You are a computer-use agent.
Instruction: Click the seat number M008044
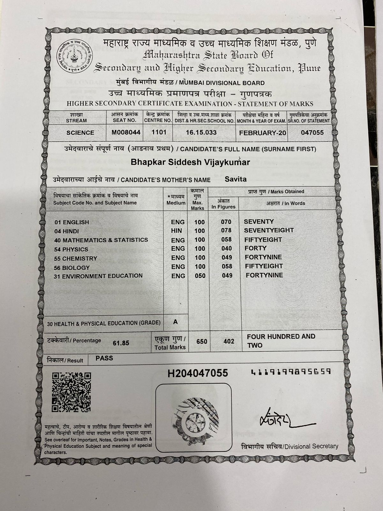[126, 132]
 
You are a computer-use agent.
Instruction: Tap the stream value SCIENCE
[80, 133]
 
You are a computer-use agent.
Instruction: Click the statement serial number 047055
[312, 132]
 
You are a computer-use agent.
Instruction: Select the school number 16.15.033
[201, 132]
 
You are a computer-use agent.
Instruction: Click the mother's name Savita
[236, 179]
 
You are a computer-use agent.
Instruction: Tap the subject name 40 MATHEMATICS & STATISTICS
[101, 240]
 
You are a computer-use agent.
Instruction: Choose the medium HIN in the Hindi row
[176, 231]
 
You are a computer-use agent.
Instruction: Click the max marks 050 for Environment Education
[200, 276]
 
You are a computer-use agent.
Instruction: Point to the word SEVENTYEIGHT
[269, 230]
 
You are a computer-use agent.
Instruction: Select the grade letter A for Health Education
[175, 322]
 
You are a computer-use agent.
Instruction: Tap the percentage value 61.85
[121, 343]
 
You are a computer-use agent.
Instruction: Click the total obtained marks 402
[229, 341]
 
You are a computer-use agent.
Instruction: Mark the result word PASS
[104, 358]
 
